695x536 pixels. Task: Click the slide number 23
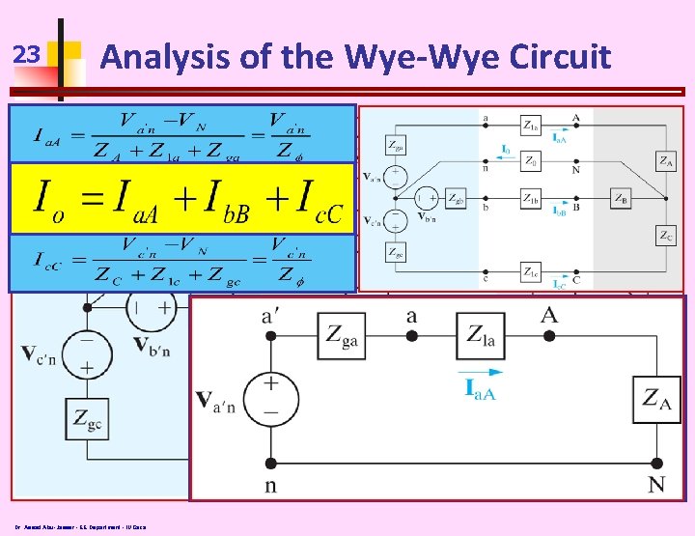(x=29, y=56)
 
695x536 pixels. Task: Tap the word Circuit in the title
(x=559, y=57)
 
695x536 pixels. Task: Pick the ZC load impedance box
(x=666, y=235)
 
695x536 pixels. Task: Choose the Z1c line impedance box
(x=530, y=270)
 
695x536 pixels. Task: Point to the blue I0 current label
(x=506, y=150)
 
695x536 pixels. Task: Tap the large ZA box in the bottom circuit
(x=658, y=396)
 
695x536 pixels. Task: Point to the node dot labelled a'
(x=271, y=335)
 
